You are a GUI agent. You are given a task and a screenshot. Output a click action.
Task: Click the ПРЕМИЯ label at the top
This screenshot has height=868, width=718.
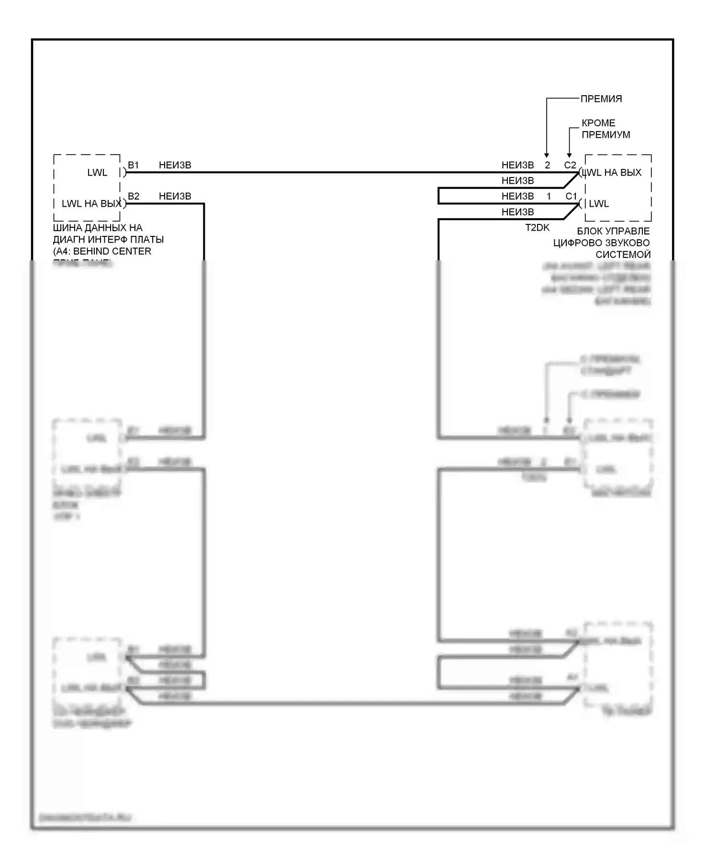coord(601,99)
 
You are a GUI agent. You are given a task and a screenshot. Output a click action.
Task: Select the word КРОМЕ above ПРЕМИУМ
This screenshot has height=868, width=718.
coord(598,123)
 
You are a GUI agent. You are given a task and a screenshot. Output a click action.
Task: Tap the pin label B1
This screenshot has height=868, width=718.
coord(133,165)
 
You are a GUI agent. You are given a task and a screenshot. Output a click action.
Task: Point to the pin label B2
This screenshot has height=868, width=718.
coord(134,196)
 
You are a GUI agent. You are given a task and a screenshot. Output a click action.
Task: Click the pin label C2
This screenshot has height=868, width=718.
coord(570,165)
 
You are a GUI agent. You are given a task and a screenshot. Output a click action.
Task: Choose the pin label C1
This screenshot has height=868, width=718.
coord(571,196)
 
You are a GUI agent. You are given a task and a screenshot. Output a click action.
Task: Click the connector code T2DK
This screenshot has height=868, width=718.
coord(537,228)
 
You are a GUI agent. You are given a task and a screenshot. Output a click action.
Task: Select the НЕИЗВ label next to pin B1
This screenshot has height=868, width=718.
coord(175,165)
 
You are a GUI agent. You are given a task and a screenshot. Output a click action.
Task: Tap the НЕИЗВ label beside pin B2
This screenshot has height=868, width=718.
coord(175,196)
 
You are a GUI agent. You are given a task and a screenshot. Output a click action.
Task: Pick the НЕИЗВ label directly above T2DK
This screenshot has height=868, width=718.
coord(517,212)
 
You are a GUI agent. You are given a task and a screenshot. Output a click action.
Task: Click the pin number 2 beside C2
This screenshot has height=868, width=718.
coord(547,165)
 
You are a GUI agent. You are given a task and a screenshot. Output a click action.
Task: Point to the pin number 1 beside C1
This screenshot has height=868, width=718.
coord(549,196)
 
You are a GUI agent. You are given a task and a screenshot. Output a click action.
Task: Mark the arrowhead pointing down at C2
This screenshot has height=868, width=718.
coord(569,155)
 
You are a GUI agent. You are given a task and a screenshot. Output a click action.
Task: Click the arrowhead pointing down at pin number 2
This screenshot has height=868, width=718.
coord(547,155)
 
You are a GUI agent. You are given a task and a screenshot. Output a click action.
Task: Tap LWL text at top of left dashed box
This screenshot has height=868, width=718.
coord(97,173)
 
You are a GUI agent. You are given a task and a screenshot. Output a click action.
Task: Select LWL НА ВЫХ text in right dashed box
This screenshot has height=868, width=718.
coord(613,173)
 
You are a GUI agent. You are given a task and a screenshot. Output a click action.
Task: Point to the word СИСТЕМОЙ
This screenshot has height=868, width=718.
coord(623,255)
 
